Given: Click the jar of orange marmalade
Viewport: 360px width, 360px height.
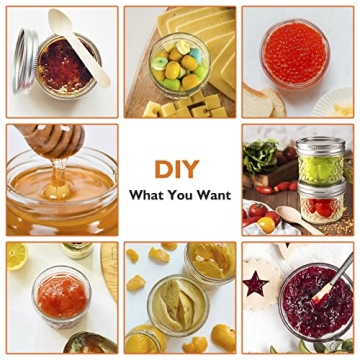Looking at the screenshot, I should [61, 297].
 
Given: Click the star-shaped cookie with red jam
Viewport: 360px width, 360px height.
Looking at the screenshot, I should [257, 283].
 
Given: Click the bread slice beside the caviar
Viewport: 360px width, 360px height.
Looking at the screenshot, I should [262, 100].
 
